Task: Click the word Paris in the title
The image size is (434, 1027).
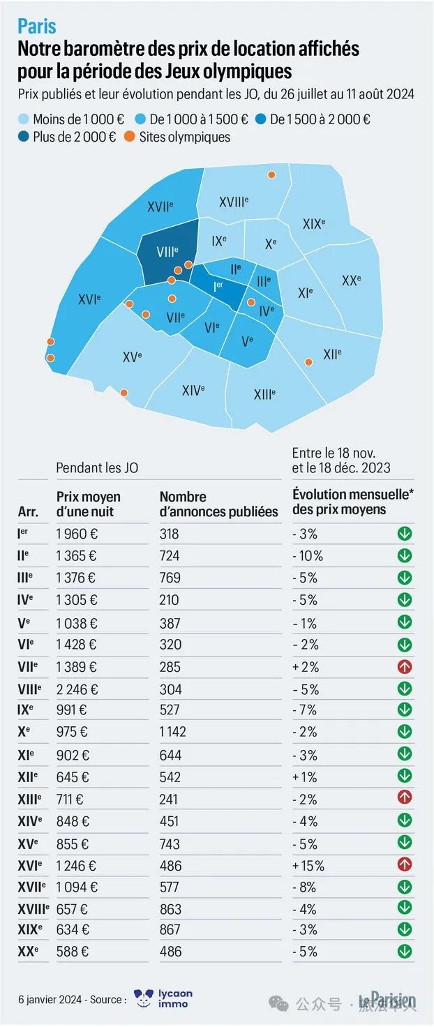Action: (x=37, y=27)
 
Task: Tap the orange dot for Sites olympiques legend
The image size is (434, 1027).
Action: (x=130, y=137)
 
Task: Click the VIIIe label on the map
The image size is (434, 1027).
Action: (x=167, y=252)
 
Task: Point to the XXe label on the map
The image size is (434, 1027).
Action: (x=352, y=280)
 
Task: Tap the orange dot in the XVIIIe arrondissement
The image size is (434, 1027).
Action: (x=271, y=174)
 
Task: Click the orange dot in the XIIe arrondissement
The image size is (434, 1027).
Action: (x=309, y=362)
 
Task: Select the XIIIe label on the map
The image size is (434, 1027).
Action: (x=265, y=393)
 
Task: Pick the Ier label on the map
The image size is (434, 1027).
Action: (x=218, y=287)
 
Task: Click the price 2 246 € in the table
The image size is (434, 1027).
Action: (x=77, y=689)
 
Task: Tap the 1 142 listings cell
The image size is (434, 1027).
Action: (x=173, y=732)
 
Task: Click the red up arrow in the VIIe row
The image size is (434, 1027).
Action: (x=405, y=666)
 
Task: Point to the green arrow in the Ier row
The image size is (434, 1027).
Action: (x=405, y=534)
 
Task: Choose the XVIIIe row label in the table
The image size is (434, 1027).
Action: (x=33, y=909)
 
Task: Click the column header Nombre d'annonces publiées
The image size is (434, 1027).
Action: (x=218, y=504)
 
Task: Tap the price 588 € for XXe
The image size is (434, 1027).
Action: (x=73, y=952)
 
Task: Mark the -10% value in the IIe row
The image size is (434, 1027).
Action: (x=308, y=555)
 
